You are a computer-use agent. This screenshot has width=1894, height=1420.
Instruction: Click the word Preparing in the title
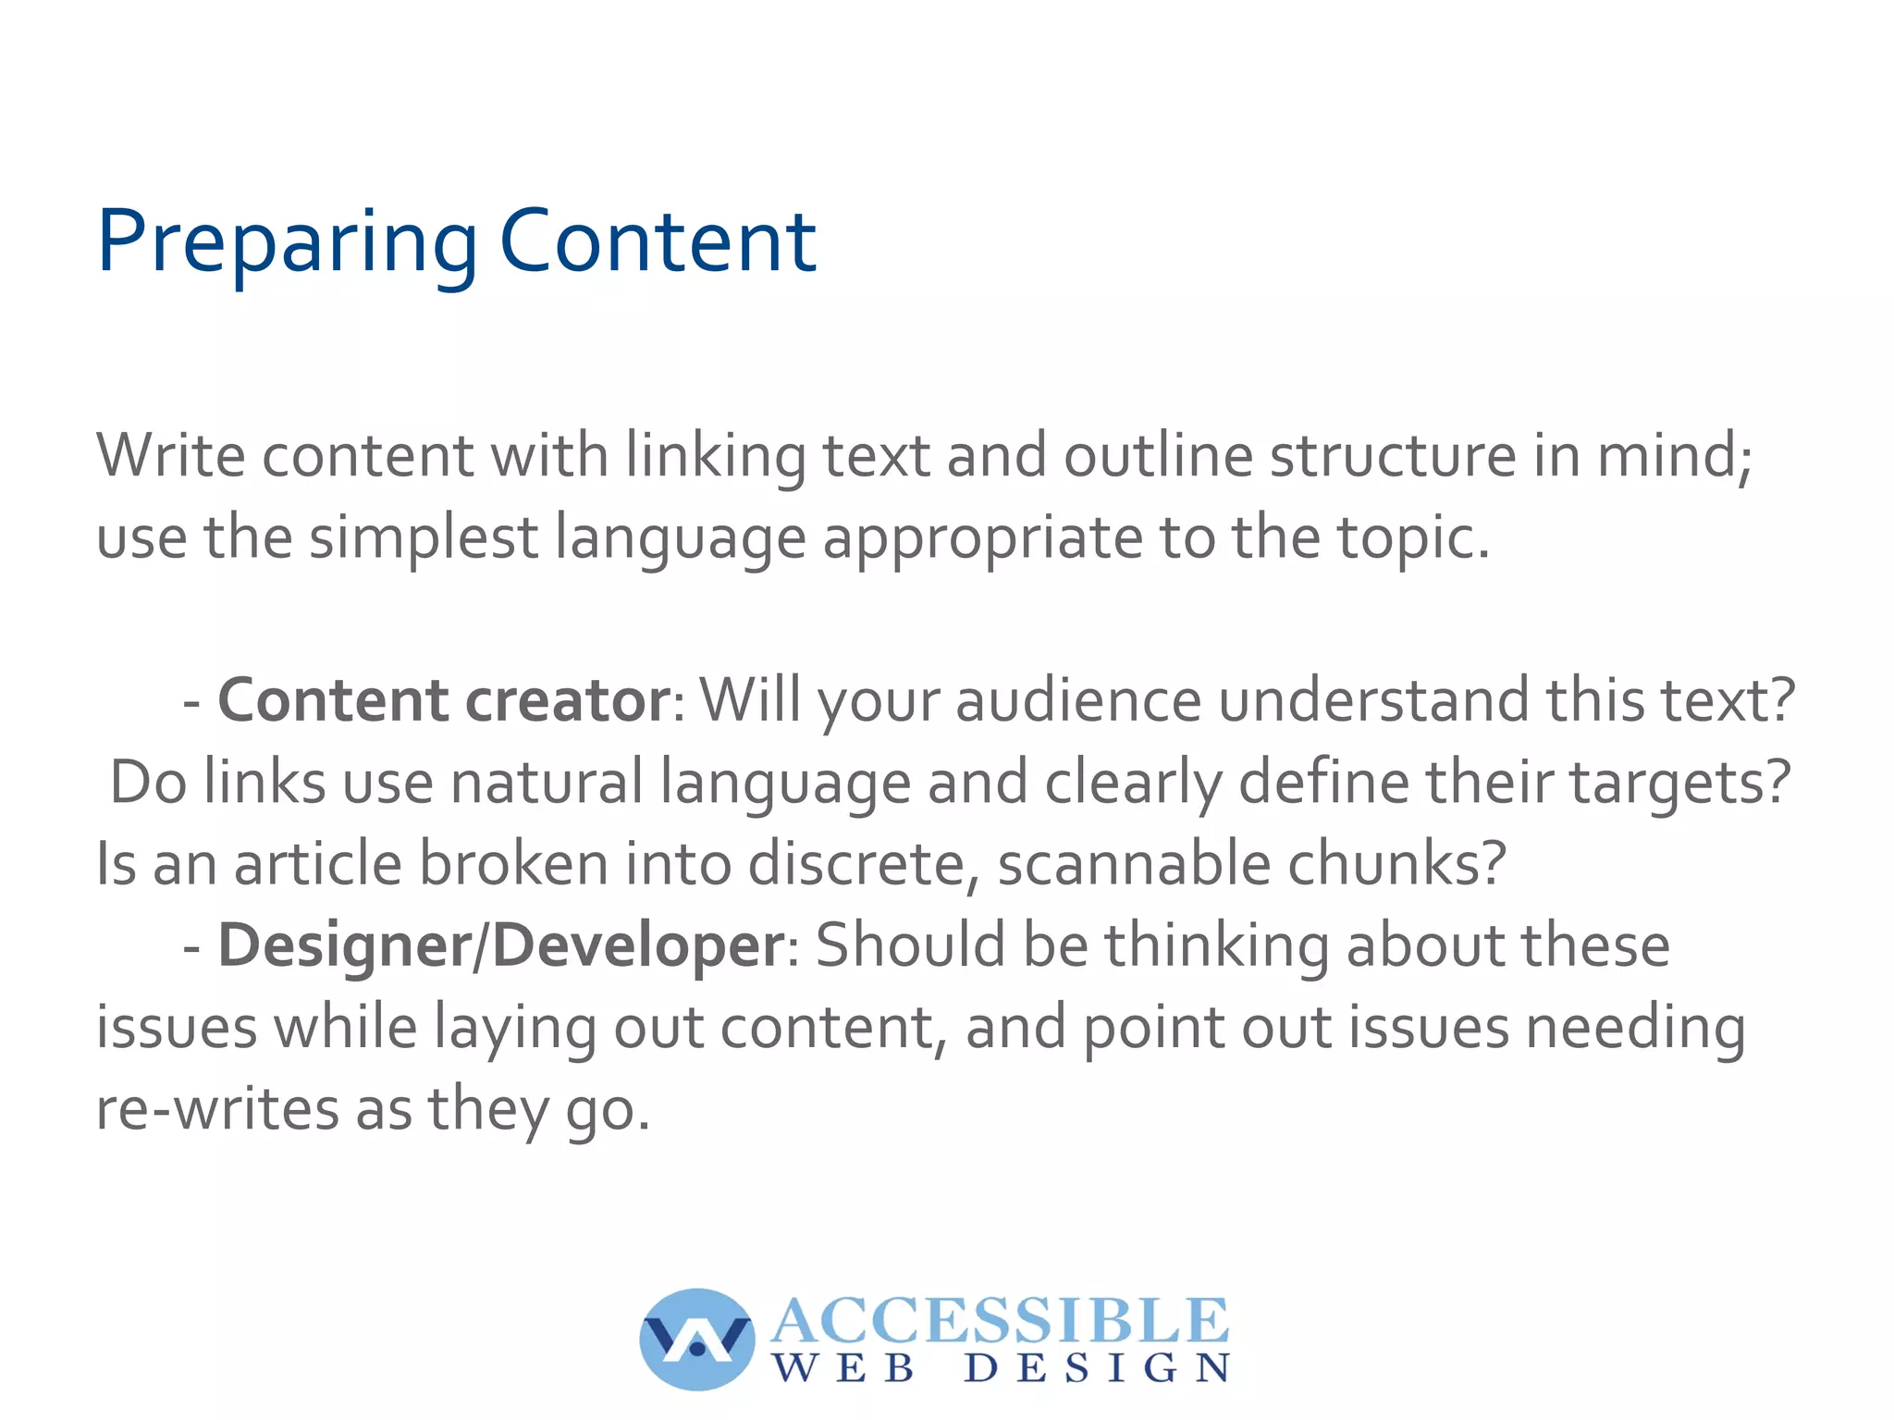point(287,242)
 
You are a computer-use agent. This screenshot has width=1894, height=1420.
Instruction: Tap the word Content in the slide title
point(658,242)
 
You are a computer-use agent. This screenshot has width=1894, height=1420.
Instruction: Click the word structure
point(1393,455)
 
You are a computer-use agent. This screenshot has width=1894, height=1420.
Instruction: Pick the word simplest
point(423,538)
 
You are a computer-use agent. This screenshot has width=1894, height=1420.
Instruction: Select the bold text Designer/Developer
point(501,945)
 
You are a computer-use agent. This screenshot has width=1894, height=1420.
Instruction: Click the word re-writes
point(217,1109)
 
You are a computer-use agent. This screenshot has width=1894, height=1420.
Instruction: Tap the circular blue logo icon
point(696,1339)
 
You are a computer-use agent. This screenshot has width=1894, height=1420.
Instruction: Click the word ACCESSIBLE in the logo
point(1000,1320)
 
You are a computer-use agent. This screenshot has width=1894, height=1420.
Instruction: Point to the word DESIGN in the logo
point(1097,1368)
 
